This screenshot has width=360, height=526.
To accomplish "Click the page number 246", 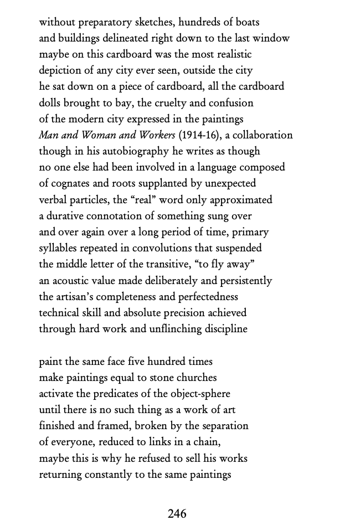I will [x=177, y=514].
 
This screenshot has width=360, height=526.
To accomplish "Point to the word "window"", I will [x=270, y=39].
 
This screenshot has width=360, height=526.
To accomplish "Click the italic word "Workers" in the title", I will [x=156, y=135].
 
